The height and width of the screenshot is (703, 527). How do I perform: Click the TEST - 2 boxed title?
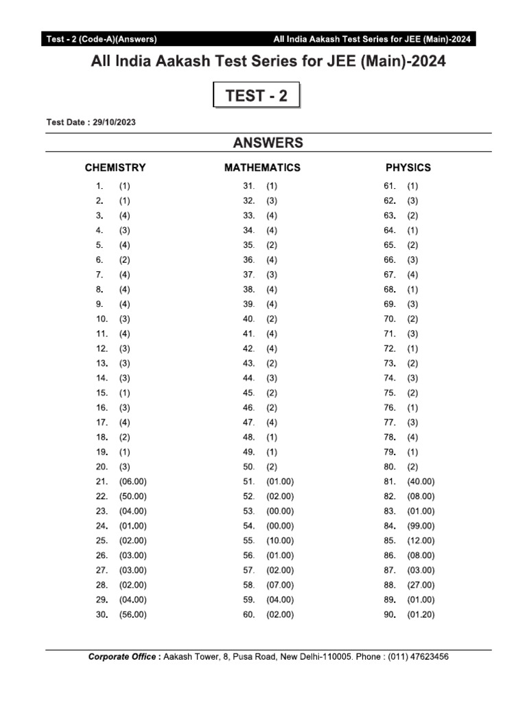(257, 96)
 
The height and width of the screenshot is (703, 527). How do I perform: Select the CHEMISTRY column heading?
(115, 168)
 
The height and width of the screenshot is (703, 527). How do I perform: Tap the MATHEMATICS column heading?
(262, 168)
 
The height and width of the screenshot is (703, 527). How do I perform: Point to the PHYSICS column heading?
(408, 168)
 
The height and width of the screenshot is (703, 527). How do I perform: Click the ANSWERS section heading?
(268, 143)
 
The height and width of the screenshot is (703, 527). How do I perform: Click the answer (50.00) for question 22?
(132, 496)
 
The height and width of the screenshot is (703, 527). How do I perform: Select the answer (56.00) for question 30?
(132, 614)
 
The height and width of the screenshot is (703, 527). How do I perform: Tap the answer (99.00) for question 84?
(421, 526)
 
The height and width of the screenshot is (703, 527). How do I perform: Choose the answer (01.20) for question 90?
(421, 614)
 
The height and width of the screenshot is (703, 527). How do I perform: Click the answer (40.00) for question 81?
(421, 482)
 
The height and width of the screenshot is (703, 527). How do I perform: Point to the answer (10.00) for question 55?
(280, 541)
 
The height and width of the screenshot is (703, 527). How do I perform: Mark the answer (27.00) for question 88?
(421, 585)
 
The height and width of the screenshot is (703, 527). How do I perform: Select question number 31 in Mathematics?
(249, 186)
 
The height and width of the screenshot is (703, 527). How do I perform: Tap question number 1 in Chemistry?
(100, 186)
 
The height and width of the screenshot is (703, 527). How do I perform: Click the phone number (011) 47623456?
(419, 657)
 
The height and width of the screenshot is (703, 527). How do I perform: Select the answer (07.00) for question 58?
(280, 585)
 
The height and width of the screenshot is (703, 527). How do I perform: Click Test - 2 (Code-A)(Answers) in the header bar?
(102, 39)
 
